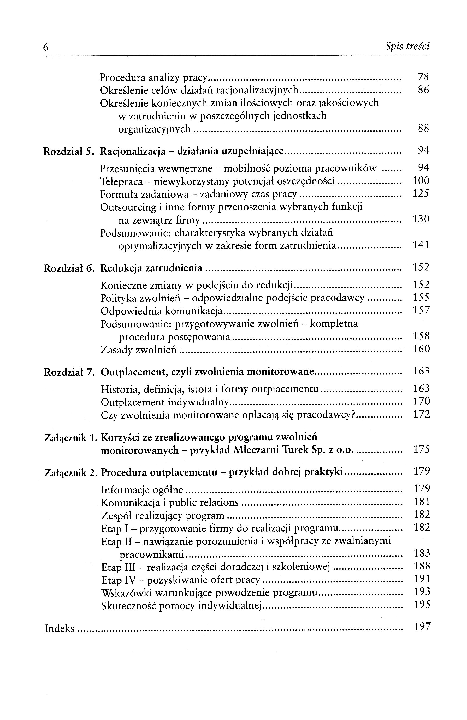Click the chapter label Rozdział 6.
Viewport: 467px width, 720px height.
point(69,268)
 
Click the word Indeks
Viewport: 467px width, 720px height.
point(59,629)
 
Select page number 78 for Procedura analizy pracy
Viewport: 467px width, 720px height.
point(423,77)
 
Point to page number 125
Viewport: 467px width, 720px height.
point(421,194)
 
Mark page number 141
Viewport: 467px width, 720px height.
point(421,245)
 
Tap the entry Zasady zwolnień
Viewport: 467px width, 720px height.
point(138,350)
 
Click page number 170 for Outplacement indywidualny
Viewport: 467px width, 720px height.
point(421,402)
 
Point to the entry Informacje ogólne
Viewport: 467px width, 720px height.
point(142,490)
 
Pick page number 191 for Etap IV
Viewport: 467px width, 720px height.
point(422,579)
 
